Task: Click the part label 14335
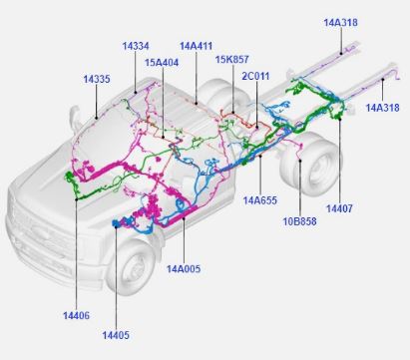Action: click(97, 80)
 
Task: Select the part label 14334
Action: click(136, 46)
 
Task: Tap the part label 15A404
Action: click(162, 63)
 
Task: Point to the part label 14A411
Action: click(196, 46)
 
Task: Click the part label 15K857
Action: click(231, 60)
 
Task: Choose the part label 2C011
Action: click(255, 76)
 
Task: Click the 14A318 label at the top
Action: click(340, 23)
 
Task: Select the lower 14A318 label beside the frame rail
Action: click(382, 108)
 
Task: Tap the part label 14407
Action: click(339, 208)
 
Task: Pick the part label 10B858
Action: click(299, 221)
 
